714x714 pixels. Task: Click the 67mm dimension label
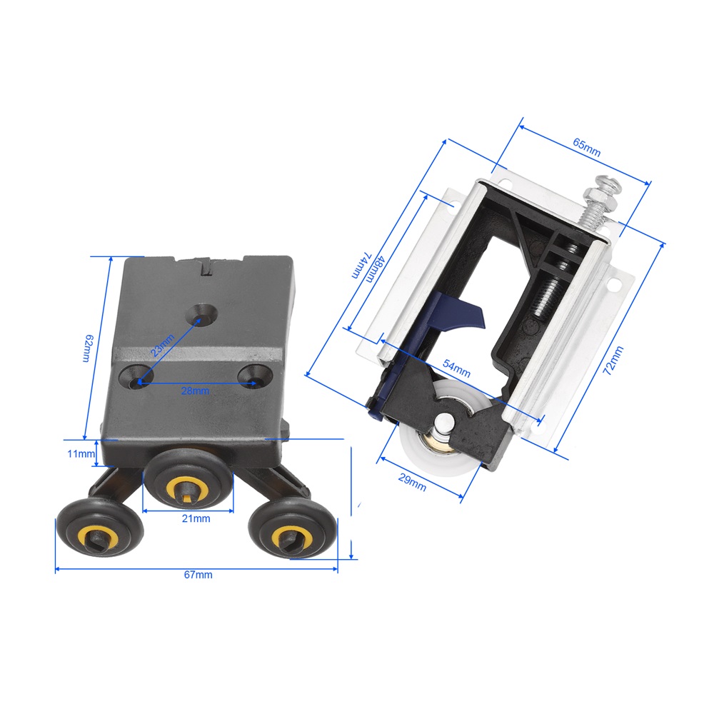coord(198,575)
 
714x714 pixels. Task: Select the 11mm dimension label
coord(81,453)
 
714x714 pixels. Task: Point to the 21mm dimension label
coord(196,518)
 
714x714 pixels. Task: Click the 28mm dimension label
coord(195,391)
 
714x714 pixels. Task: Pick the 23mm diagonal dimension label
coord(163,345)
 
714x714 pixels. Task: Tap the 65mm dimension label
coord(586,147)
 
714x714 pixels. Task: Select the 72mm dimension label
coord(613,360)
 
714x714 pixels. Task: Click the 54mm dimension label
coord(456,369)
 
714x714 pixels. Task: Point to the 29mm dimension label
coord(412,482)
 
